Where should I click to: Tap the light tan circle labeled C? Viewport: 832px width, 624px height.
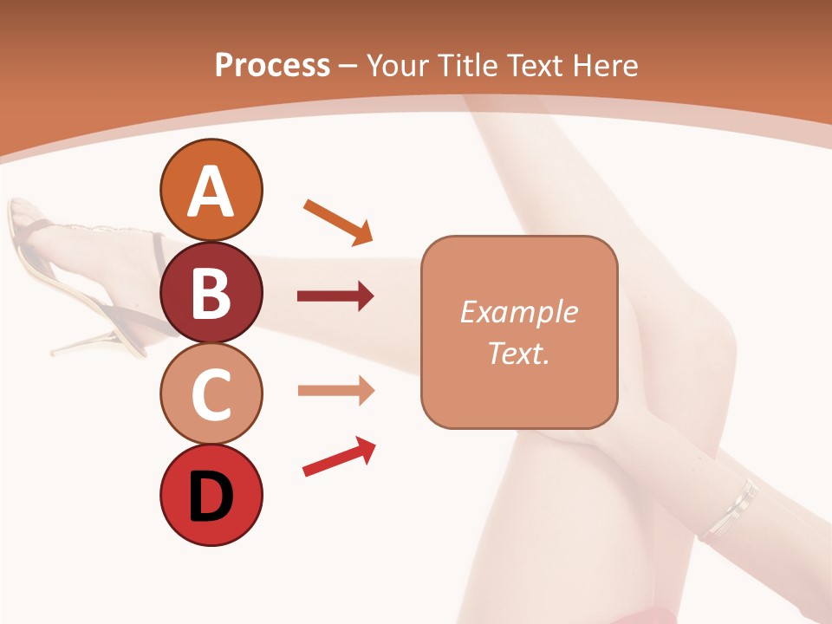211,393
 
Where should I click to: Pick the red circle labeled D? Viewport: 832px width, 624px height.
211,496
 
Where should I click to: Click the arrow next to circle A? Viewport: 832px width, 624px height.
338,221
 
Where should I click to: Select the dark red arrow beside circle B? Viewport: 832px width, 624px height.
335,297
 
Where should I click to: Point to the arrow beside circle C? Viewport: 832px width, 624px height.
335,390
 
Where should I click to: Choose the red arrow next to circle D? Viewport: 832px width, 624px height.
339,457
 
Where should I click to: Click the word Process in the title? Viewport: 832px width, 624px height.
272,65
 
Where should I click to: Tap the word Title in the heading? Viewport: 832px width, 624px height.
469,65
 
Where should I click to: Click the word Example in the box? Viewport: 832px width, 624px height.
518,312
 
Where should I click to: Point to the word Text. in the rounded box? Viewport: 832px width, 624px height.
518,353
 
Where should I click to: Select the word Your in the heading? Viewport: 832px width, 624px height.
398,65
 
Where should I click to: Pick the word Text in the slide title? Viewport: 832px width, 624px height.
534,65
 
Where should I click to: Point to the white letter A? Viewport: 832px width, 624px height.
211,192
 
